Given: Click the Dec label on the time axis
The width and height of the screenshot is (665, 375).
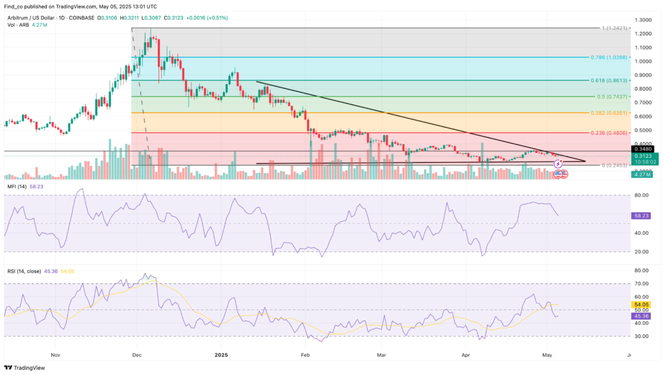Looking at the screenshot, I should pos(137,355).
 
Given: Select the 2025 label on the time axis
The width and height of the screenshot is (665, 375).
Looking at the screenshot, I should pos(221,355).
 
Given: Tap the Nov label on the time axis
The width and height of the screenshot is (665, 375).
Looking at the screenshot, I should pos(55,355).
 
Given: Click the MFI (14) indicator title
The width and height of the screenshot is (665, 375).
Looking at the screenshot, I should pos(18,186).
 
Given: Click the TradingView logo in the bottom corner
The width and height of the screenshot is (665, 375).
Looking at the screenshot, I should pos(26,367).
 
